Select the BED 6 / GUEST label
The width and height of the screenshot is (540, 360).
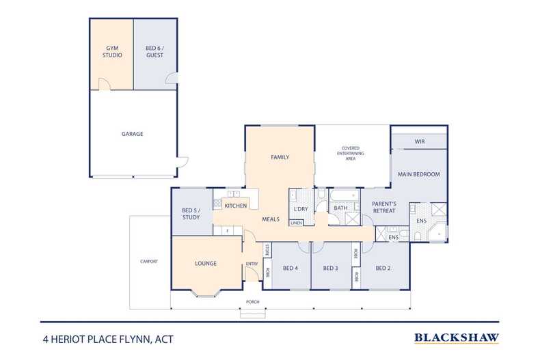[x=154, y=51]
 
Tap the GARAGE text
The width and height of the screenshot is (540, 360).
[x=132, y=134]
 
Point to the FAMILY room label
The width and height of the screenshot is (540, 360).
[x=280, y=157]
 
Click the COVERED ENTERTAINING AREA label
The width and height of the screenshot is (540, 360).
[x=351, y=154]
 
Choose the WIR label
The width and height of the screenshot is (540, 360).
[x=419, y=142]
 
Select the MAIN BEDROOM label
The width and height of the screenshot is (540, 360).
[x=418, y=174]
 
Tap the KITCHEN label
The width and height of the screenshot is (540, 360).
[x=236, y=206]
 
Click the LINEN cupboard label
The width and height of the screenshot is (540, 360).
[x=297, y=223]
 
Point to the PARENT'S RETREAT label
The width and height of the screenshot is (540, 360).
[x=383, y=207]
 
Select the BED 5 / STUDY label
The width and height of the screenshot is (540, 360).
[x=191, y=214]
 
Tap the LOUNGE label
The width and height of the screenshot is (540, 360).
[x=206, y=263]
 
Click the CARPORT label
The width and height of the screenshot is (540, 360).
[x=149, y=261]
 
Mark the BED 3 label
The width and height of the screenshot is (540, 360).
[x=331, y=267]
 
